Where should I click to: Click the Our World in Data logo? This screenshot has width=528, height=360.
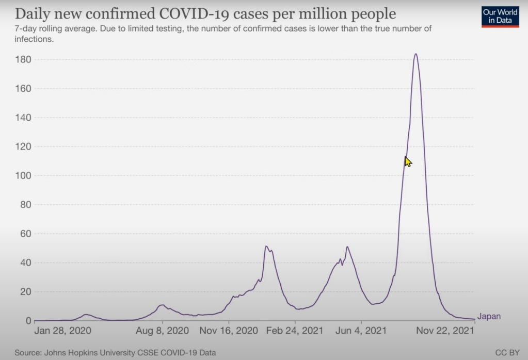point(500,16)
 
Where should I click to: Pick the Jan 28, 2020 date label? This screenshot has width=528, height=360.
point(63,330)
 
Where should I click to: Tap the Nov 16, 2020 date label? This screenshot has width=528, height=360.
point(229,330)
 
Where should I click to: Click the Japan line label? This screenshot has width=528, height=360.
point(488,317)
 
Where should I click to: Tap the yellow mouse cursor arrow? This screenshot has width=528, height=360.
point(408,161)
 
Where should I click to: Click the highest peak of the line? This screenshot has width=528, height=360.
point(415,54)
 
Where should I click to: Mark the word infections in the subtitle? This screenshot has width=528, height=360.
point(34,39)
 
